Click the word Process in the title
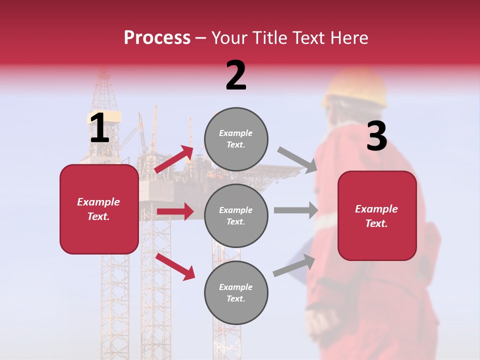point(157,38)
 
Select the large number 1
point(99,128)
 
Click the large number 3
point(376,136)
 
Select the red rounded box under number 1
point(99,209)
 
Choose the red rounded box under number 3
point(377,215)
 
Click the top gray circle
point(236,139)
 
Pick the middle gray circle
point(236,215)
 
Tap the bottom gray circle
point(236,292)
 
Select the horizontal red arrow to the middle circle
point(174,211)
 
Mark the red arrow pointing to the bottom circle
point(175,266)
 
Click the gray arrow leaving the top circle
point(297,160)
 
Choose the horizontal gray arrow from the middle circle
point(295,210)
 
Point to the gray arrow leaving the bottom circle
point(294,265)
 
